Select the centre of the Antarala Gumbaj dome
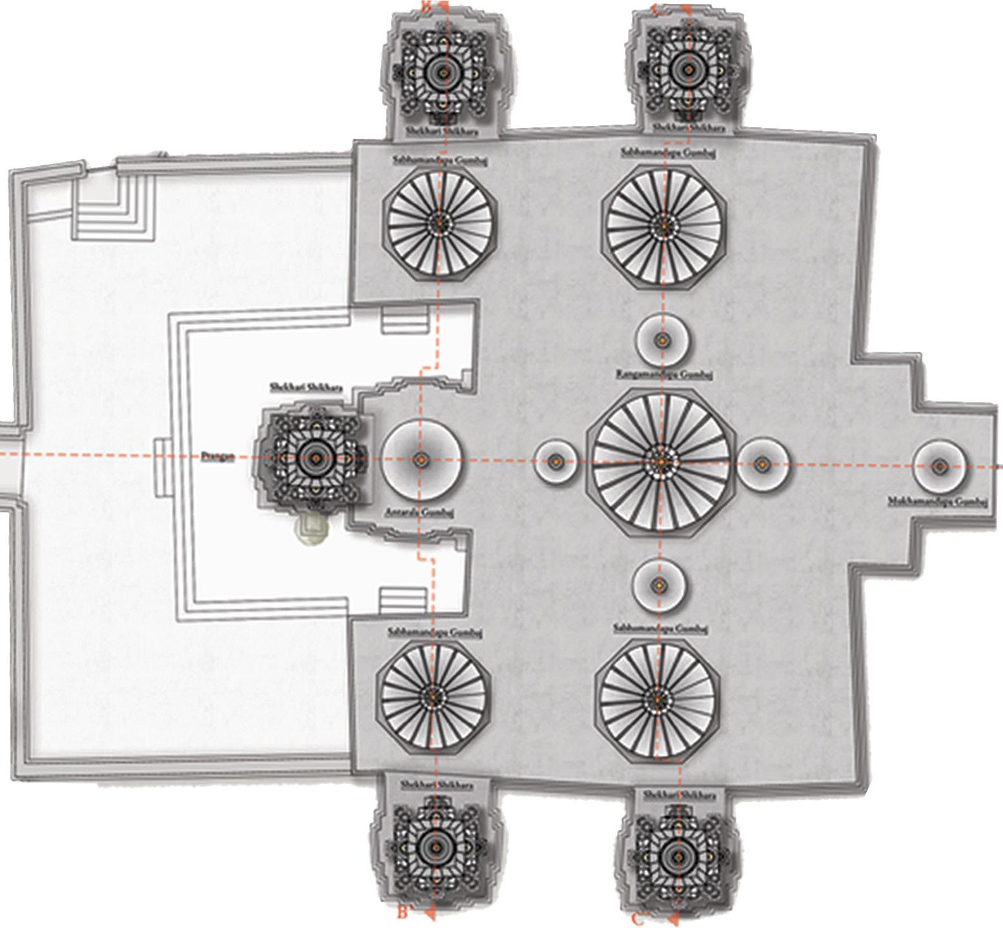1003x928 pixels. [x=421, y=459]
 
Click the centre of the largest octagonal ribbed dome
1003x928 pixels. [x=661, y=460]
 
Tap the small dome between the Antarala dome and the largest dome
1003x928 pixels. [x=555, y=460]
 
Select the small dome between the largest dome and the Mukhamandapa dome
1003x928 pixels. [x=763, y=463]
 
